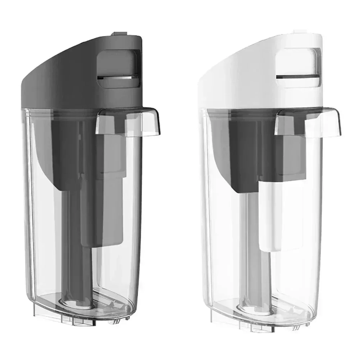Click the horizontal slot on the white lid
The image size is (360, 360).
[x=295, y=77]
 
